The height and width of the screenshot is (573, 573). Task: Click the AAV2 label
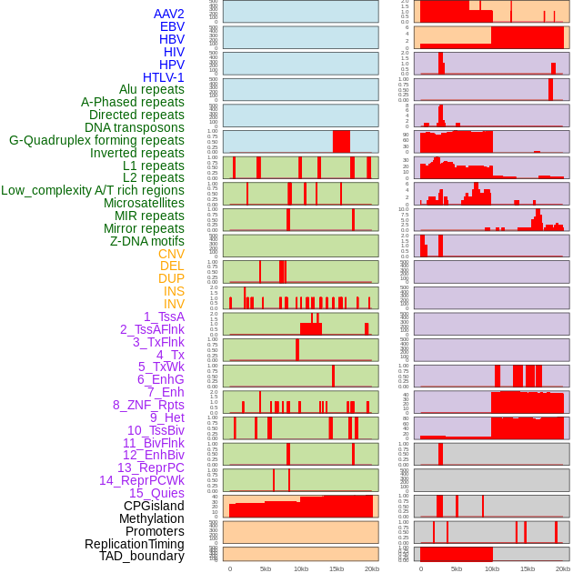169,15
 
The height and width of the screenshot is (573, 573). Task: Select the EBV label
172,27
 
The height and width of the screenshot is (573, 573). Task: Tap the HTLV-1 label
164,77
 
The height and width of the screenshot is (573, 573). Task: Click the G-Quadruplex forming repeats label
96,141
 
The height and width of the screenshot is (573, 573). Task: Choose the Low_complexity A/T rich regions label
93,191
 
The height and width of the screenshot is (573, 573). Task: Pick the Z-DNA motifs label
147,241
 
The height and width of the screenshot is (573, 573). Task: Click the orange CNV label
171,254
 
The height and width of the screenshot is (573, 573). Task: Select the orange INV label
174,304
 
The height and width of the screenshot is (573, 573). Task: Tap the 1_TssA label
164,317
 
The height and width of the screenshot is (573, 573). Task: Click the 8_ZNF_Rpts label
148,405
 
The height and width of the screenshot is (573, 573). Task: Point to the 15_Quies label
156,493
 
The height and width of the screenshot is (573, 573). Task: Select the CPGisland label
154,506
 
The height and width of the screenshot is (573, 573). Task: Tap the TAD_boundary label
142,556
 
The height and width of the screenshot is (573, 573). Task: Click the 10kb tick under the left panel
300,568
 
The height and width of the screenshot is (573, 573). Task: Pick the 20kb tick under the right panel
563,568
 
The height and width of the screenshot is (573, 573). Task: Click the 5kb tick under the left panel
266,568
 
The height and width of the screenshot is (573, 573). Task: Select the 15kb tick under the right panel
528,568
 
